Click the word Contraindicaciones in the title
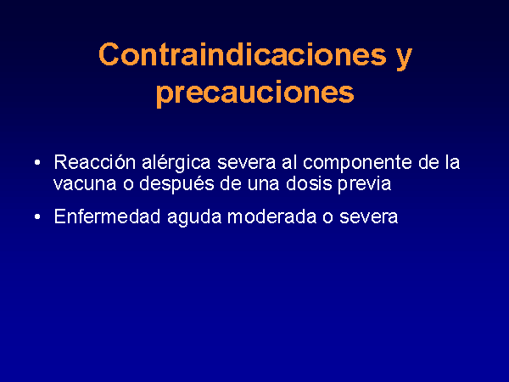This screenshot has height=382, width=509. click(x=243, y=54)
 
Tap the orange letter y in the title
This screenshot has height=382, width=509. click(x=404, y=59)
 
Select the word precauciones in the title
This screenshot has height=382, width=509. click(x=255, y=94)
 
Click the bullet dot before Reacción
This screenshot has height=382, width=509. click(x=37, y=162)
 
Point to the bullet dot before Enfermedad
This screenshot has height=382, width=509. click(x=37, y=216)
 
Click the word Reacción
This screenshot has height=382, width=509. click(x=95, y=162)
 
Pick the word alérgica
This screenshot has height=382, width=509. click(x=176, y=162)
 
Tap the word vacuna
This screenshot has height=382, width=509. click(x=85, y=184)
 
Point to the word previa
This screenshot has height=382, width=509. click(x=365, y=184)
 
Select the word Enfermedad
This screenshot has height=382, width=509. click(x=108, y=216)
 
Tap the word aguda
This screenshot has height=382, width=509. click(x=194, y=217)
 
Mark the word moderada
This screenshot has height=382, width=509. click(x=272, y=216)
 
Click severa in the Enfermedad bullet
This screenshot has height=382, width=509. click(x=368, y=217)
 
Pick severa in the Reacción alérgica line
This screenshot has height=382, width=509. click(x=246, y=163)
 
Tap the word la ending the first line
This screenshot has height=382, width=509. click(x=452, y=162)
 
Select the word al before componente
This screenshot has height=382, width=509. click(x=289, y=162)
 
